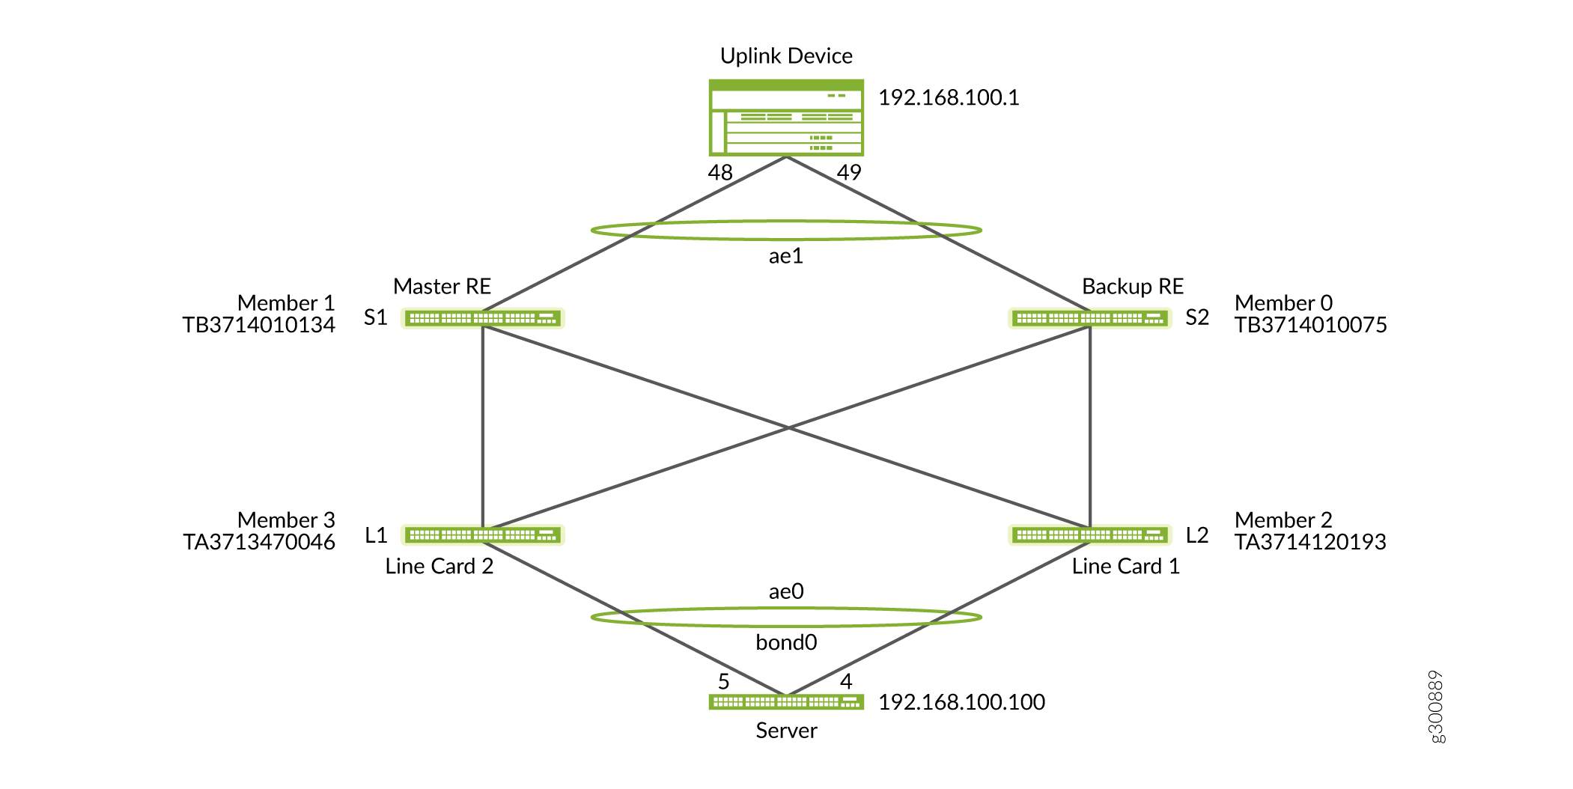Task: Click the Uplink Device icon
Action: pyautogui.click(x=786, y=118)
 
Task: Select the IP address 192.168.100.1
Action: pyautogui.click(x=949, y=98)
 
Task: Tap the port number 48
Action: pyautogui.click(x=720, y=173)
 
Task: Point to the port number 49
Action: pyautogui.click(x=849, y=173)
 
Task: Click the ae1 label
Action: pyautogui.click(x=786, y=257)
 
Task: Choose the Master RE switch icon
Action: pyautogui.click(x=483, y=318)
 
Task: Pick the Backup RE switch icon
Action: pyautogui.click(x=1090, y=318)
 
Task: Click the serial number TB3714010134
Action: pyautogui.click(x=259, y=325)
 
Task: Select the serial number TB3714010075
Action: pyautogui.click(x=1311, y=325)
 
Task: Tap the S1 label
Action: pyautogui.click(x=375, y=318)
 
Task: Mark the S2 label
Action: pyautogui.click(x=1197, y=318)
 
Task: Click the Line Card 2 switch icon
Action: pyautogui.click(x=483, y=535)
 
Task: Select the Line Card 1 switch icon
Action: pyautogui.click(x=1090, y=535)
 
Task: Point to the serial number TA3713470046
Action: pyautogui.click(x=259, y=542)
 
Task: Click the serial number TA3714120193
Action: pyautogui.click(x=1310, y=542)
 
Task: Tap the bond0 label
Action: pyautogui.click(x=786, y=643)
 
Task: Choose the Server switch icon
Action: pyautogui.click(x=786, y=702)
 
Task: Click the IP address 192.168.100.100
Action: pyautogui.click(x=961, y=702)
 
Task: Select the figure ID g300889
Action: pyautogui.click(x=1436, y=707)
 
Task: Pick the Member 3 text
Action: pyautogui.click(x=286, y=520)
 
